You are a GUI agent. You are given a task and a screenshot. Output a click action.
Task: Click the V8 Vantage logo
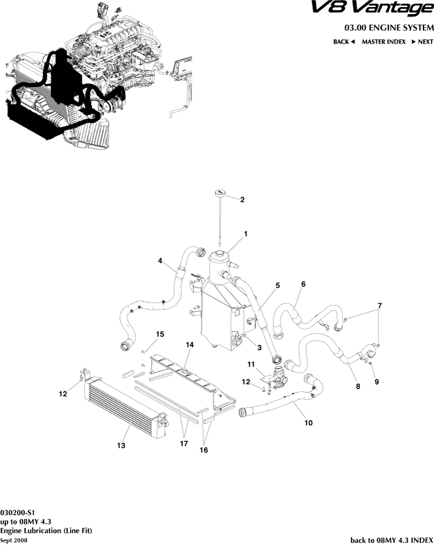tap(372, 9)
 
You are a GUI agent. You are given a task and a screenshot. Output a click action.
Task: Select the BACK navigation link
tap(344, 42)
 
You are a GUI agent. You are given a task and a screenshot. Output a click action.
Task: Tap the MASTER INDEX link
tap(383, 42)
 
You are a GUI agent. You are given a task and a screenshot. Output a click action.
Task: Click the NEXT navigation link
tap(422, 42)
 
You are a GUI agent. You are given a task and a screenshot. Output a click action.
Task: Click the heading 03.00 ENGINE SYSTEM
tap(389, 28)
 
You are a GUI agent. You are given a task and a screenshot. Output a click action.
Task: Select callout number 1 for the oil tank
tap(246, 234)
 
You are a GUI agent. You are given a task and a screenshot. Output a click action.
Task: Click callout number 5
tap(277, 285)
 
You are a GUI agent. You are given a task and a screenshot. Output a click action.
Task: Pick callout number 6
tap(303, 284)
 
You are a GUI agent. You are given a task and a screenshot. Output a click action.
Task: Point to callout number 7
tap(380, 305)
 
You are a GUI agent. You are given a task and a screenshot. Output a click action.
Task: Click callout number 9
tap(377, 381)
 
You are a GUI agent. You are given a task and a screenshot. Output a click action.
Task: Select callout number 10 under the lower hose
tap(308, 422)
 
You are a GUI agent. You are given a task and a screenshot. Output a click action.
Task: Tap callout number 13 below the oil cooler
tap(121, 446)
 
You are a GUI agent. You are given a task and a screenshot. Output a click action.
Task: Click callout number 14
tap(190, 344)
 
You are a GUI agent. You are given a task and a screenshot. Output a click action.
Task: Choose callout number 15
tap(160, 334)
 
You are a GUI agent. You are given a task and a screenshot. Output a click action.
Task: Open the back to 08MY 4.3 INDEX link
tap(392, 540)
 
